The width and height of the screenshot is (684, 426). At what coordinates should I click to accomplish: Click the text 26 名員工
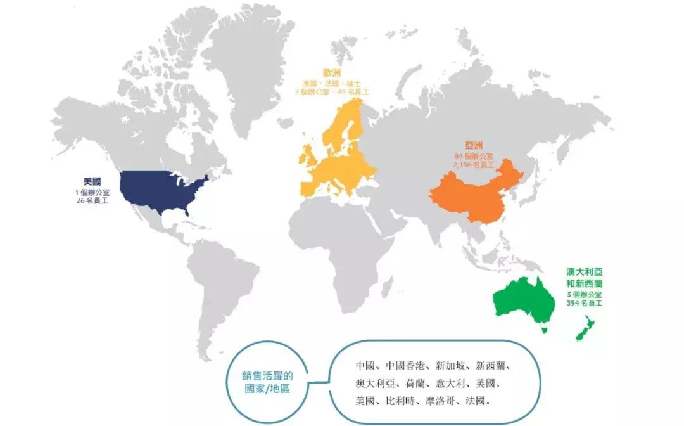[x=91, y=200]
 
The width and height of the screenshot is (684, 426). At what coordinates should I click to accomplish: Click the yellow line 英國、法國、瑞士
[x=332, y=83]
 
